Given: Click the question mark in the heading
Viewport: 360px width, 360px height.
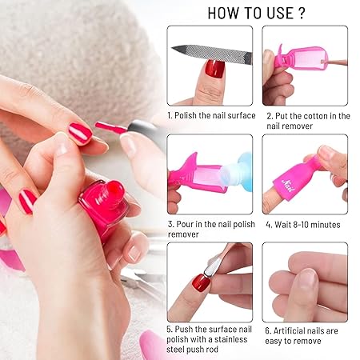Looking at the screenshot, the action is (x=302, y=13).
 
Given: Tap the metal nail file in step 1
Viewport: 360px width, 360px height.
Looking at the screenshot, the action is (x=212, y=54).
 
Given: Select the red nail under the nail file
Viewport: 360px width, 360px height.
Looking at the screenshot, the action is (x=214, y=69).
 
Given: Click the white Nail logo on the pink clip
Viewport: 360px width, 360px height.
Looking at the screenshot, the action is (x=289, y=186).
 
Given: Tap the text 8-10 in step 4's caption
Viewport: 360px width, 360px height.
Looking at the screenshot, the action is (x=301, y=225).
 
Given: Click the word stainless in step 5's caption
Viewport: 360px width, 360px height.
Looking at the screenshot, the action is (x=230, y=339).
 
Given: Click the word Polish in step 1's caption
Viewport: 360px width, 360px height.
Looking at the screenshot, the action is (x=186, y=115).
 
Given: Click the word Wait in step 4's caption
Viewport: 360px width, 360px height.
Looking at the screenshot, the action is (x=282, y=225).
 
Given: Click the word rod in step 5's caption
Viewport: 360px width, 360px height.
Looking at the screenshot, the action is (x=211, y=350).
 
